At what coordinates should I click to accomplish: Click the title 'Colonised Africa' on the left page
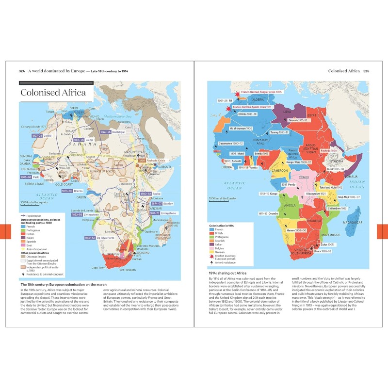point(53,93)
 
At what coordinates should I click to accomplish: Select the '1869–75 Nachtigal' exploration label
point(112,132)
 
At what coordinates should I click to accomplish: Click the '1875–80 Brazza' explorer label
point(67,191)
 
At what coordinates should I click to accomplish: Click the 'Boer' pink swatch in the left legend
point(23,245)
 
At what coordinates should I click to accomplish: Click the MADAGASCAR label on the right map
point(355,223)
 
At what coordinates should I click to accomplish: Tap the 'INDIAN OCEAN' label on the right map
point(356,184)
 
